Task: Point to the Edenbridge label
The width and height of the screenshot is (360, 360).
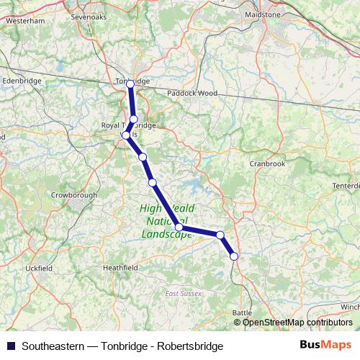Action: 19,81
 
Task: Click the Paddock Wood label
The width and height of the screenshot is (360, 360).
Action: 192,93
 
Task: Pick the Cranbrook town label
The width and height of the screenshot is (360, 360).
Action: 267,163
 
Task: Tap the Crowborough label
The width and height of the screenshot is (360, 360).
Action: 73,194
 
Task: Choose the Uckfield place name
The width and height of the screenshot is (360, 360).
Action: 38,268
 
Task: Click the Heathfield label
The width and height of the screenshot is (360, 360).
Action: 120,267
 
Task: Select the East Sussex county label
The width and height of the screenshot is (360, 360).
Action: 181,293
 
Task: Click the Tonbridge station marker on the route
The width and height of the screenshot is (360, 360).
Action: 130,84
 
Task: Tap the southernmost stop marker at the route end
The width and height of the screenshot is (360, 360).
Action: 234,256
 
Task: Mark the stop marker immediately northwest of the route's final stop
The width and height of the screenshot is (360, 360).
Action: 220,235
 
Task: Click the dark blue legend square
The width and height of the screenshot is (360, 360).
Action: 11,346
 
